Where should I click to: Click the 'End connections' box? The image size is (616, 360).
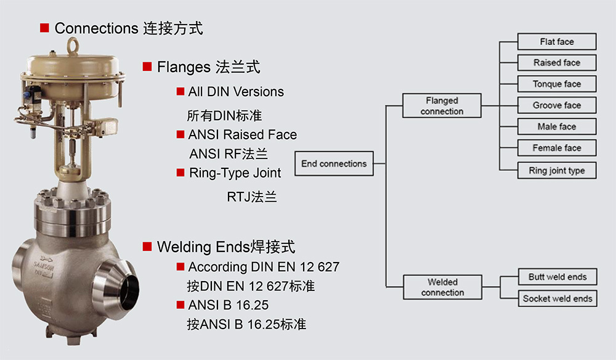click(334, 163)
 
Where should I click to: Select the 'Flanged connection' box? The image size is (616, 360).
click(442, 106)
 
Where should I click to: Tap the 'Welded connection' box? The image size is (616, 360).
click(442, 287)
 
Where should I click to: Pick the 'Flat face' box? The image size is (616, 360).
click(556, 42)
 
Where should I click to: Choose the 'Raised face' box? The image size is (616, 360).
click(556, 63)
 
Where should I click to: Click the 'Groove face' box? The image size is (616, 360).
click(556, 105)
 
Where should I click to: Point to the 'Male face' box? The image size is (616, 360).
click(556, 126)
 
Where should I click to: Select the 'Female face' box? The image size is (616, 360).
click(556, 148)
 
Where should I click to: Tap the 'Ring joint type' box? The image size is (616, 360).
click(556, 170)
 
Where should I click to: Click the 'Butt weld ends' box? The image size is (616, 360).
click(557, 277)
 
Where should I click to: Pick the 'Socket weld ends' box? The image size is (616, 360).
click(557, 298)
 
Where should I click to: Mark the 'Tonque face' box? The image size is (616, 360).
click(556, 84)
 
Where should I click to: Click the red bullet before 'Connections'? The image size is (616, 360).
click(44, 28)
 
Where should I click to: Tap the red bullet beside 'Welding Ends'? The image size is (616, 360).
click(147, 247)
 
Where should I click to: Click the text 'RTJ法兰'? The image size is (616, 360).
click(252, 197)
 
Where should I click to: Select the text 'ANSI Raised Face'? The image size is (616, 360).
click(242, 134)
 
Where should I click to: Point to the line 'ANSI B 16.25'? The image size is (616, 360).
click(229, 305)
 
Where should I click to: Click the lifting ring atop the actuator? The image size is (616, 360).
click(73, 45)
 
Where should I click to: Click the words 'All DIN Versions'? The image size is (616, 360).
click(236, 92)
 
